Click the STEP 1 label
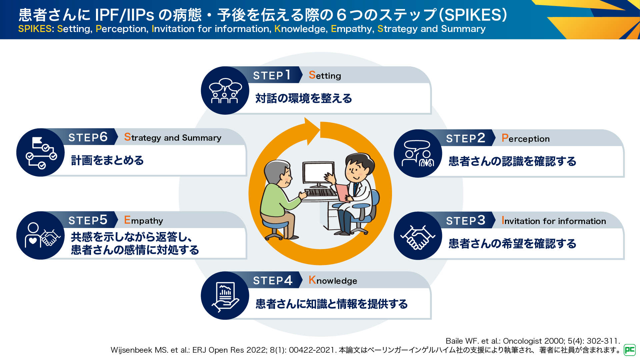[272, 75]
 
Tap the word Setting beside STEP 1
[325, 76]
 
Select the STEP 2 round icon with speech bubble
[418, 154]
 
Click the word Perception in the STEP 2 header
[525, 138]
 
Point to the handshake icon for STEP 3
[418, 236]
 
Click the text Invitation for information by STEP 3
[553, 221]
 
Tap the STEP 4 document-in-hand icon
[225, 296]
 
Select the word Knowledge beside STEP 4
[333, 281]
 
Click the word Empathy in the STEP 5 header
[143, 220]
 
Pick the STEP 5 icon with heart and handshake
[41, 235]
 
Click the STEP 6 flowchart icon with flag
[41, 153]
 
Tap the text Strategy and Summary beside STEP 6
[172, 137]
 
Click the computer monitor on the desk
[318, 173]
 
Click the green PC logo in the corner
[629, 350]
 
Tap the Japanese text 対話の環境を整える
[303, 98]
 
